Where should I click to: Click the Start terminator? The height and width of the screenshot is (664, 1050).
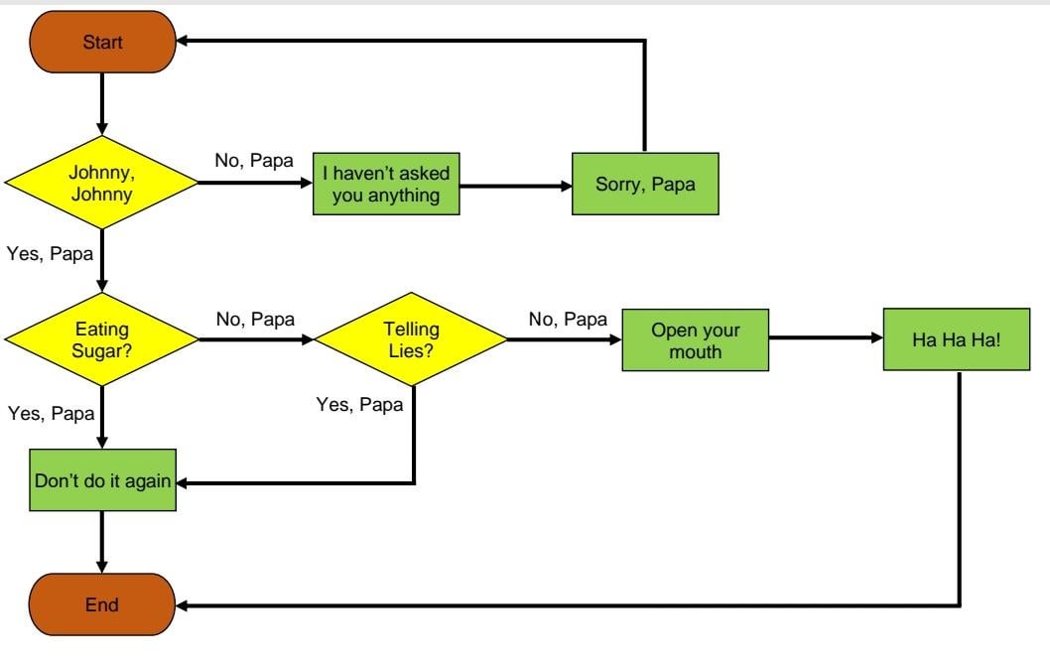102,43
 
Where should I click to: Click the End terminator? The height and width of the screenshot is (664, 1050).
102,604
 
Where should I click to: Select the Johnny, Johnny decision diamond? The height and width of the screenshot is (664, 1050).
102,183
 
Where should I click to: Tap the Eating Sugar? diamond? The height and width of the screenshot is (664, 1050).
102,338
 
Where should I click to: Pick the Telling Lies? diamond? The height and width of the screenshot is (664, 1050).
411,338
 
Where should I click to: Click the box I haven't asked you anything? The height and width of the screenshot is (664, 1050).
387,184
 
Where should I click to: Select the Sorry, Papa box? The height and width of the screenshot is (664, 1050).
645,184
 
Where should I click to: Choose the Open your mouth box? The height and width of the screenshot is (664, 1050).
696,339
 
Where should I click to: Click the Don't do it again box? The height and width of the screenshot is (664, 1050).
102,480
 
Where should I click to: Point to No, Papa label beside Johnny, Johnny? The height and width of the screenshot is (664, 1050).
254,159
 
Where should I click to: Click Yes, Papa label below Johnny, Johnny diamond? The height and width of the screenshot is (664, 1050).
50,253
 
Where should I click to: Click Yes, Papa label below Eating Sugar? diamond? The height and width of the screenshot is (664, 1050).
50,413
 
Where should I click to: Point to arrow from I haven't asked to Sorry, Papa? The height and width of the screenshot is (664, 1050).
516,185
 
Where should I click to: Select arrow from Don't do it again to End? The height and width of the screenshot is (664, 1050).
102,542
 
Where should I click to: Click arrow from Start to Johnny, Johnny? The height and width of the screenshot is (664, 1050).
102,104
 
